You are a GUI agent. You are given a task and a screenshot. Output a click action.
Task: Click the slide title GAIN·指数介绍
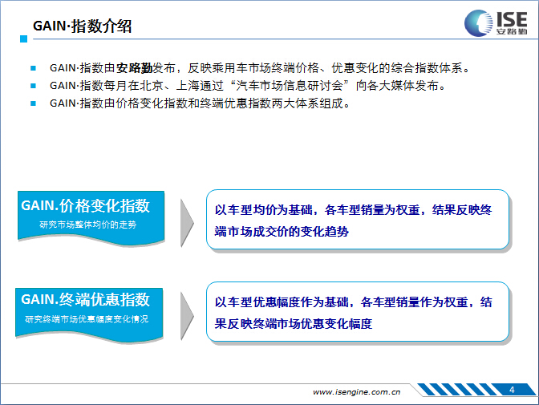(x=82, y=26)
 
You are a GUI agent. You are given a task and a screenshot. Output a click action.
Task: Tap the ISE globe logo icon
(x=478, y=23)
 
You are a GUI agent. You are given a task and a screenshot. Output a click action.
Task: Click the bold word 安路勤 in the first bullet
(x=134, y=68)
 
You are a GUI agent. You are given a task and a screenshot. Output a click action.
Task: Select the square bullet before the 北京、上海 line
(x=33, y=86)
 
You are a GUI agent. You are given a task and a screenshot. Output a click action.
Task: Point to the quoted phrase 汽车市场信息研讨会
(x=290, y=86)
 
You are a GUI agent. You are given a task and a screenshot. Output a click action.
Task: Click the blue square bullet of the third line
(x=33, y=103)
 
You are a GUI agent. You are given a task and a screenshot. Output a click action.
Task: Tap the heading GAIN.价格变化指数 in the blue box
(x=85, y=205)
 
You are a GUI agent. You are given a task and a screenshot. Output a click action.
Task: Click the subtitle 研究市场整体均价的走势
(x=88, y=225)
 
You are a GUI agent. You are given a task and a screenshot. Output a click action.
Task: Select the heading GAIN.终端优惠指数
(x=85, y=299)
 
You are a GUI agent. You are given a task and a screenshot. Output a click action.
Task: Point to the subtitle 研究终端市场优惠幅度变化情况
(x=87, y=319)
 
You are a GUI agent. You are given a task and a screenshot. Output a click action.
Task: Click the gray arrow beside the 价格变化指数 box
(x=187, y=223)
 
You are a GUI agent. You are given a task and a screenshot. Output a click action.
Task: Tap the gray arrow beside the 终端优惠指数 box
(x=187, y=316)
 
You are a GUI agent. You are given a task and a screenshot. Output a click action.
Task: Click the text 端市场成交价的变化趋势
(x=282, y=232)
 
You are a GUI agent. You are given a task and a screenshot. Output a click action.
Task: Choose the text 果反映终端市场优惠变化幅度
(x=294, y=323)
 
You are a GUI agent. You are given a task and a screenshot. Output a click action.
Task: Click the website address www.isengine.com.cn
(x=356, y=392)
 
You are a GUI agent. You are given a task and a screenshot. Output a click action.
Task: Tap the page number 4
(x=512, y=390)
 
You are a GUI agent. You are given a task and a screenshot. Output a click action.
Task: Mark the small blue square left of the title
(x=24, y=38)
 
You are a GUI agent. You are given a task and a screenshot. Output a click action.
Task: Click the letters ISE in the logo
(x=512, y=19)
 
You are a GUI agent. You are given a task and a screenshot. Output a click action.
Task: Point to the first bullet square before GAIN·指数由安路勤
(x=33, y=68)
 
